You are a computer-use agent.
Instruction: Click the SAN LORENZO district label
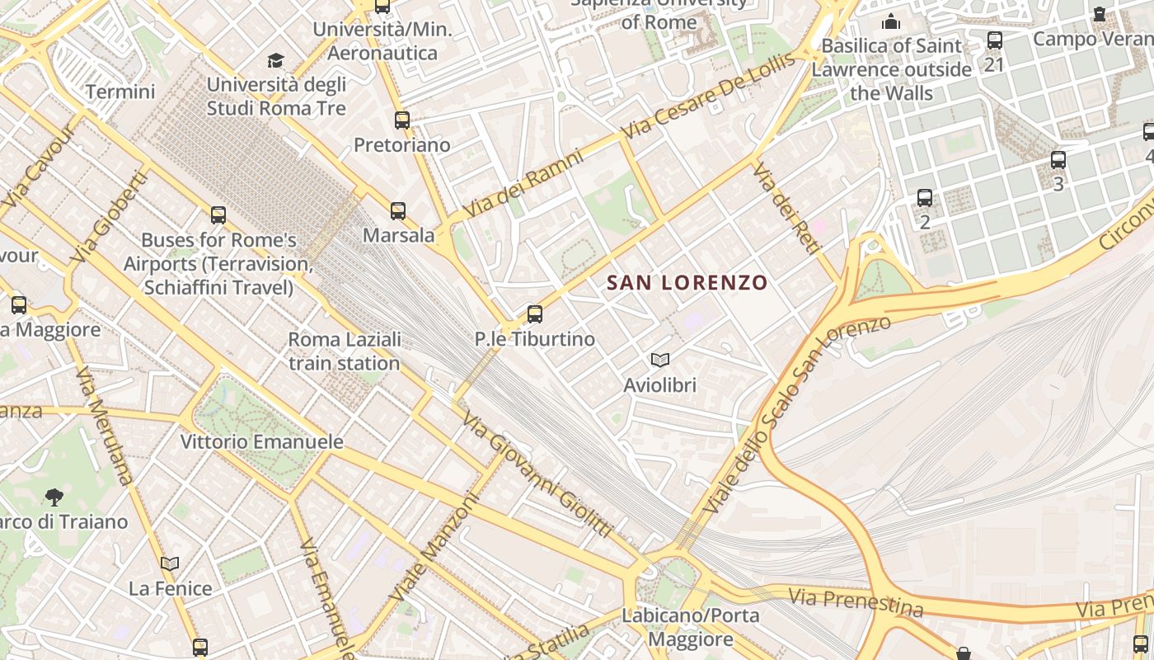click(x=687, y=283)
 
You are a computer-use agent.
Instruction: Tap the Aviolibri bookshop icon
click(x=659, y=360)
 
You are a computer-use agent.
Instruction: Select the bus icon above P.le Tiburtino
click(x=534, y=313)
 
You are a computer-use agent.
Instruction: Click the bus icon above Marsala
click(x=398, y=210)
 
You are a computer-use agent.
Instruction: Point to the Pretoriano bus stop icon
click(x=401, y=120)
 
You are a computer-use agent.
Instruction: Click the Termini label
click(x=120, y=92)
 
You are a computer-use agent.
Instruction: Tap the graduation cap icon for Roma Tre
click(x=275, y=60)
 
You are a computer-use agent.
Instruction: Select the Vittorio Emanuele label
click(x=262, y=441)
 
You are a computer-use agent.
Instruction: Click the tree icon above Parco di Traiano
click(x=54, y=497)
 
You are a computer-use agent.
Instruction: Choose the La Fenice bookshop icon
click(x=170, y=563)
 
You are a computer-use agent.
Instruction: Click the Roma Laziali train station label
click(x=345, y=351)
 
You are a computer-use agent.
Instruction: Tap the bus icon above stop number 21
click(x=995, y=40)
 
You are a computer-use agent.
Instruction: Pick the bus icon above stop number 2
click(x=925, y=198)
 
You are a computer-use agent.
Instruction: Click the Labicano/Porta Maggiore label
click(x=678, y=627)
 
